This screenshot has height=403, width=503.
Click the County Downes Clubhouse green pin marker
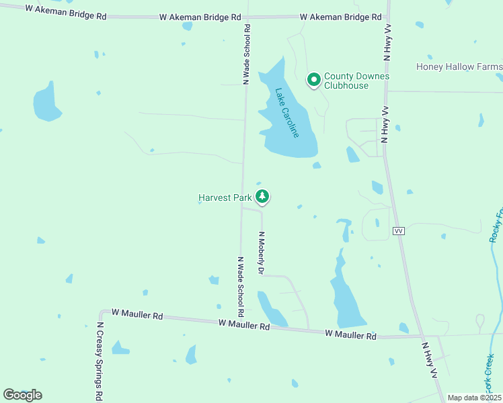tap(313, 80)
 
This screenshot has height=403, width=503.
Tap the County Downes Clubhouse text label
tap(356, 81)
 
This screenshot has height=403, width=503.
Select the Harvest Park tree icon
tap(262, 197)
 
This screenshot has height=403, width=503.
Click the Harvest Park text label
tap(225, 197)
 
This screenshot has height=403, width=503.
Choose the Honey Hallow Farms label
tap(459, 66)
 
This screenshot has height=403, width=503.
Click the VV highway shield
tap(399, 230)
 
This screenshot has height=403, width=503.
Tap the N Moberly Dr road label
tap(261, 253)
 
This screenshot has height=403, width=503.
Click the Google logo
tap(22, 394)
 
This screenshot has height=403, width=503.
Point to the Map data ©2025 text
tap(474, 398)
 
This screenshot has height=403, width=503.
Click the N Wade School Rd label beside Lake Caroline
tap(247, 54)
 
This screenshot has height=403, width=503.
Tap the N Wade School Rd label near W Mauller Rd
tap(240, 287)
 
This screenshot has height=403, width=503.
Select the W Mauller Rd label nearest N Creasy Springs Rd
tap(137, 314)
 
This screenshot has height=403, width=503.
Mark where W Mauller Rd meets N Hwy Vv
tap(422, 336)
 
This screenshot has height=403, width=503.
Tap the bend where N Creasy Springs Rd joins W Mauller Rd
tap(101, 312)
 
